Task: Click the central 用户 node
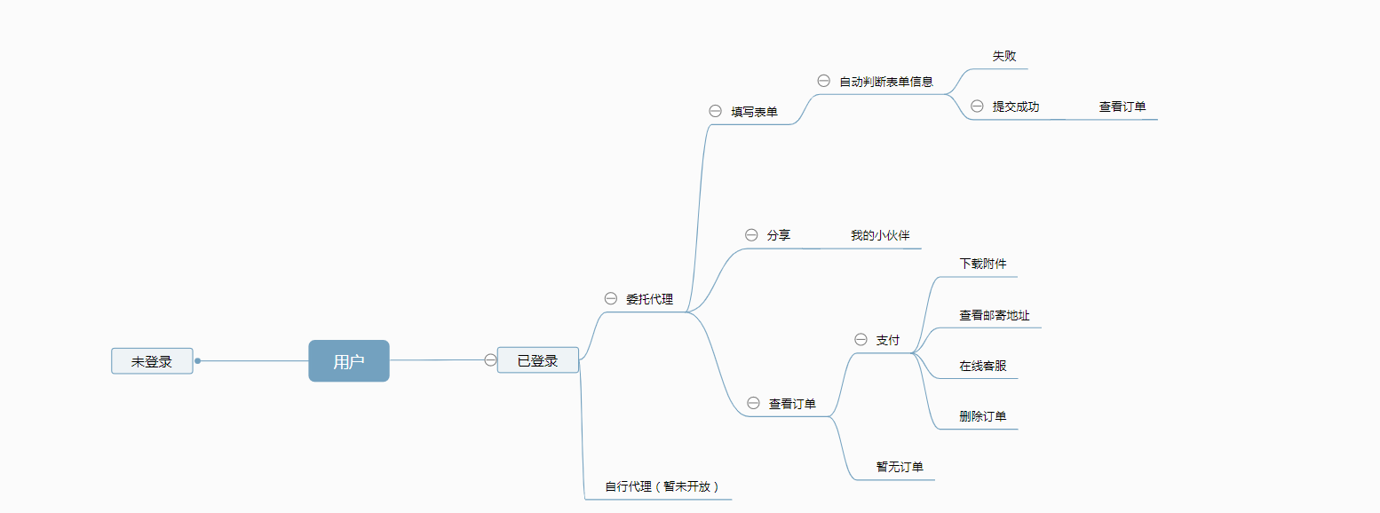[349, 361]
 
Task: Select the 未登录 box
[152, 361]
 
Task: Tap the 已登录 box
[538, 360]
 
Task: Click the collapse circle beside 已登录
[490, 359]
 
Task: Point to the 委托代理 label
[649, 299]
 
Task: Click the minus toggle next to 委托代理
[610, 298]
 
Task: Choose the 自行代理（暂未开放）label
[662, 486]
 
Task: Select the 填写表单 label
[754, 112]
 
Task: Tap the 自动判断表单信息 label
[886, 82]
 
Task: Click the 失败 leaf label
[1004, 56]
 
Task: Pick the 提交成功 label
[1016, 107]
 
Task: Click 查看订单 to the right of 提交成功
[1122, 107]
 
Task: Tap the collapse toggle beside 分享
[751, 235]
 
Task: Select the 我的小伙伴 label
[880, 235]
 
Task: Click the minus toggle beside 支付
[861, 339]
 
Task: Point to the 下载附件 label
[983, 264]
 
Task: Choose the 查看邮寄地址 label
[995, 315]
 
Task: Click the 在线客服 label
[983, 366]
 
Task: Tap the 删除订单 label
[983, 416]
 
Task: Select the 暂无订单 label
[900, 467]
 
